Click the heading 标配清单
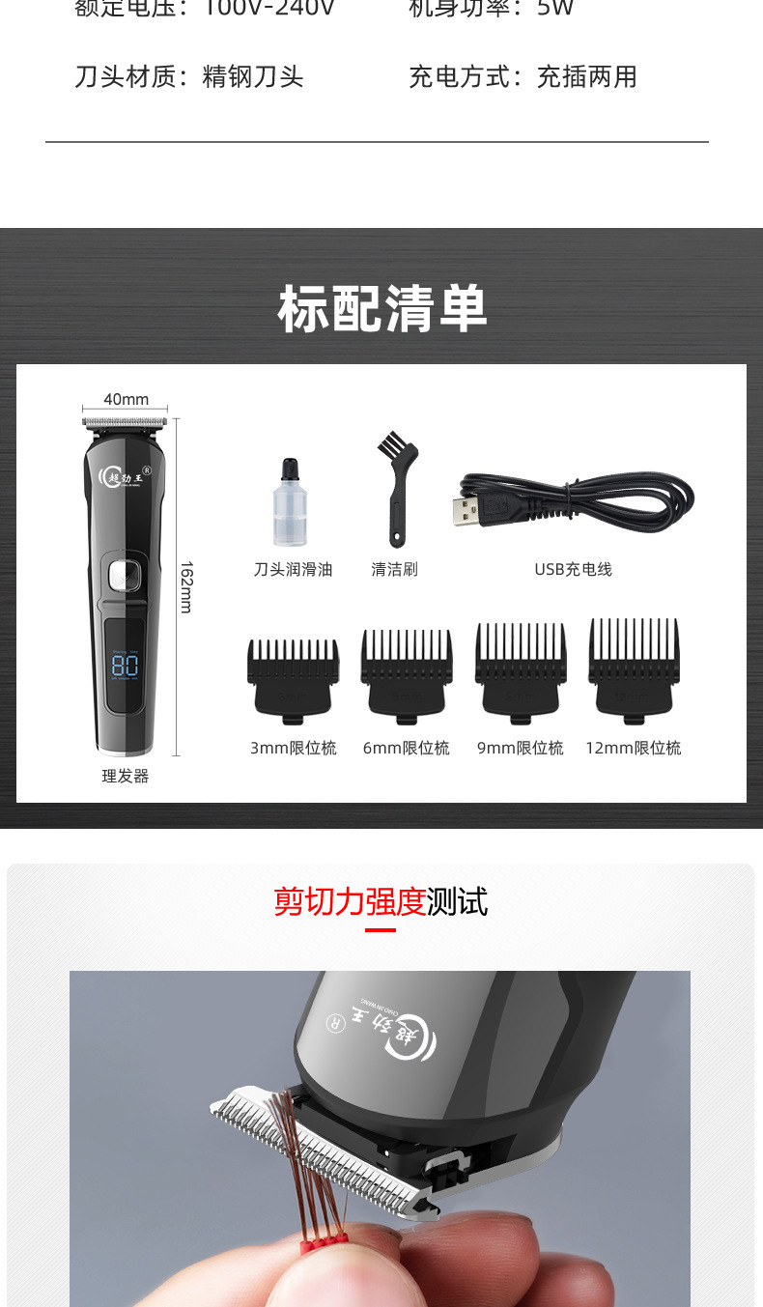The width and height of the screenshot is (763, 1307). coord(382,309)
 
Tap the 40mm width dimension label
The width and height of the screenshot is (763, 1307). coord(127,399)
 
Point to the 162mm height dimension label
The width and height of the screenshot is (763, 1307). coord(186,587)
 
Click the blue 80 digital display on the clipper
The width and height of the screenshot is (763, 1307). coord(125,665)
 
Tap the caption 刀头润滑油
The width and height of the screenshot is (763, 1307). coord(293,570)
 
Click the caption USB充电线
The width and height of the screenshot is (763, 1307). coord(573,570)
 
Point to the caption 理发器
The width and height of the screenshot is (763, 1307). coord(126,776)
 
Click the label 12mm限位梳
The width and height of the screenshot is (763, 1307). coord(634,748)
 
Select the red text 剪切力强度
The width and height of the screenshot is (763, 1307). coord(350,901)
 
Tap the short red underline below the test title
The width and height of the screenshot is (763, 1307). coord(381,930)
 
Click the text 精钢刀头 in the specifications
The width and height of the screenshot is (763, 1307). coord(253,77)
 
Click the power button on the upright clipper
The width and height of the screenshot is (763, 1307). coord(123,577)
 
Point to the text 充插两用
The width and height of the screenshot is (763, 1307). coord(586,77)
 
